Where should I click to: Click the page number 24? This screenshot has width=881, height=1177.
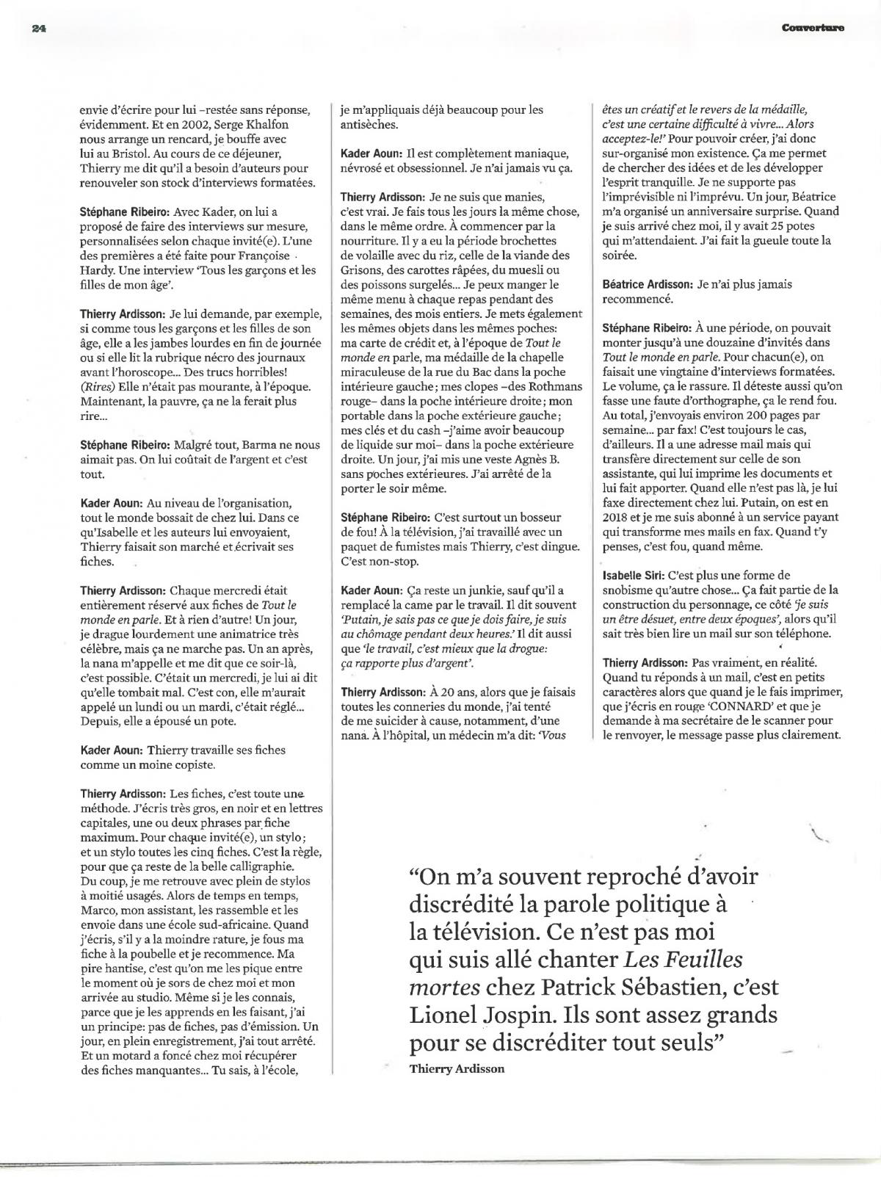pyautogui.click(x=39, y=28)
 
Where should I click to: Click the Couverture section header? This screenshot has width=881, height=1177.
pyautogui.click(x=812, y=28)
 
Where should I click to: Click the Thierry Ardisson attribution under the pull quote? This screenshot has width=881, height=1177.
pyautogui.click(x=457, y=1068)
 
